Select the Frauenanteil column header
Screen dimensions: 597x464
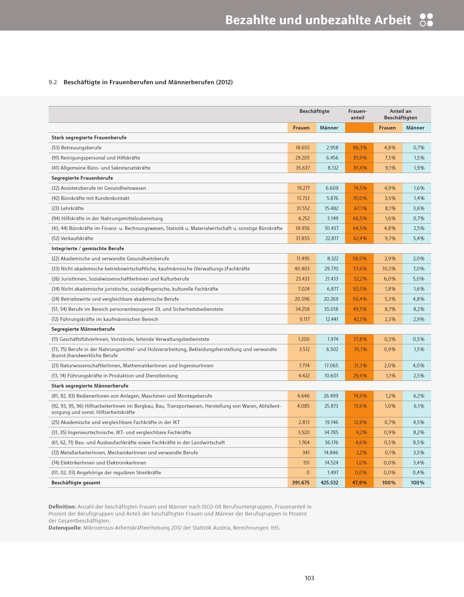click(357, 114)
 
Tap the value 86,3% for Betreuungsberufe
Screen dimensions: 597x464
click(360, 148)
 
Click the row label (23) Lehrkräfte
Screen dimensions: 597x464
click(68, 208)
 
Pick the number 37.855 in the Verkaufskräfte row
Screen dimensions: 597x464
click(302, 238)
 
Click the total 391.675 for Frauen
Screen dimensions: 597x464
click(301, 483)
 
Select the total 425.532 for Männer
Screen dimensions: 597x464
click(329, 483)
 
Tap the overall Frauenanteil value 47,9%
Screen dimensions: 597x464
click(360, 483)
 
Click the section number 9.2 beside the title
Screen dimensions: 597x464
click(53, 82)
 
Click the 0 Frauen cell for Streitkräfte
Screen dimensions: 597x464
click(308, 473)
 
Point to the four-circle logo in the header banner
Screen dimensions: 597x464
click(426, 20)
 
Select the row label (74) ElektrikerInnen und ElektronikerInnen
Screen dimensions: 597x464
click(99, 462)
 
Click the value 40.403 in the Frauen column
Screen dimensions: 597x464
click(302, 269)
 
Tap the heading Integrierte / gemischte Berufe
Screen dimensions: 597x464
click(88, 249)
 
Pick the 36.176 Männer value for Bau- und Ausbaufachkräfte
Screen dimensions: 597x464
click(331, 443)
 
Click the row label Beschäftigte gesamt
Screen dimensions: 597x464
click(76, 483)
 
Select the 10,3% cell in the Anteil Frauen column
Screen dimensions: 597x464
click(389, 269)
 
